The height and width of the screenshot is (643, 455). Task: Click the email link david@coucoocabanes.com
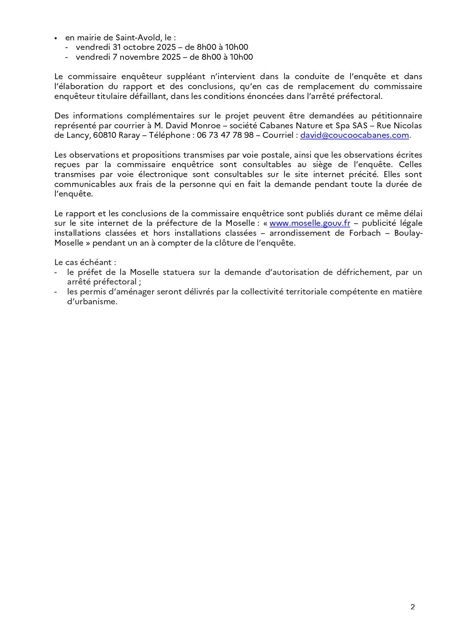355,135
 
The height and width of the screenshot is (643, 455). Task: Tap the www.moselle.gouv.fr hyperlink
310,223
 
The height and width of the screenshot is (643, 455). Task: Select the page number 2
412,607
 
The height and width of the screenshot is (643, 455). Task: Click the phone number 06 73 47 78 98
225,135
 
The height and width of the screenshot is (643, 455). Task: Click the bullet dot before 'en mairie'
56,38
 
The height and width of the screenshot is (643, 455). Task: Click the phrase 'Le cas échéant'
85,262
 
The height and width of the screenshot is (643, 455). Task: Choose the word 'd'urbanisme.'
92,302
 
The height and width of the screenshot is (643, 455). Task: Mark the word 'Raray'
129,135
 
